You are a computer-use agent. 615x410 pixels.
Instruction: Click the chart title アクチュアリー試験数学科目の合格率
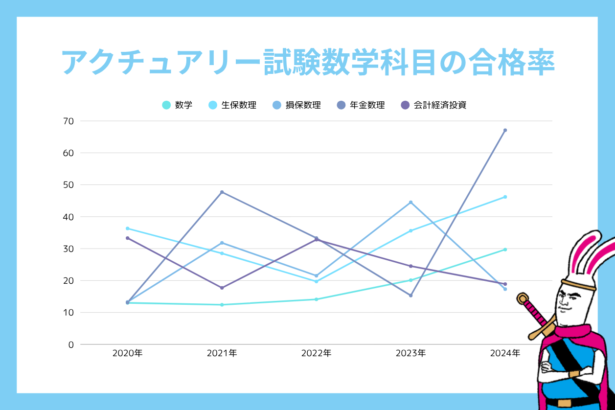click(308, 63)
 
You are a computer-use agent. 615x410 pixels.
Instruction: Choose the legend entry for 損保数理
click(296, 105)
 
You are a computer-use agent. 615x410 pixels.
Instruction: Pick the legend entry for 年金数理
click(361, 105)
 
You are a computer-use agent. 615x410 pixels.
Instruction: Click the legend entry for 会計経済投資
click(433, 105)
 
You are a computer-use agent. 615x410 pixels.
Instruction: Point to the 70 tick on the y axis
click(68, 121)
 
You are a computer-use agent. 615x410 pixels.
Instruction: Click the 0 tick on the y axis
click(71, 344)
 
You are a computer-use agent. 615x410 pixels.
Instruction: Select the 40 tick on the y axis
click(68, 217)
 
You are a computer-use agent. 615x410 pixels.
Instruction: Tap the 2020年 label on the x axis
click(127, 353)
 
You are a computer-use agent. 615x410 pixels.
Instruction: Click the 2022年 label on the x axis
click(316, 353)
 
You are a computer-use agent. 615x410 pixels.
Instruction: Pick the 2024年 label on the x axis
click(505, 353)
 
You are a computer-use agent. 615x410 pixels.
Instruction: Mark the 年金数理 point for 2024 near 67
click(505, 130)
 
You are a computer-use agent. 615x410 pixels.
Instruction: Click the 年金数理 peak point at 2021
click(222, 192)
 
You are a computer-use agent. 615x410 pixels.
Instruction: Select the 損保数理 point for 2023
click(410, 202)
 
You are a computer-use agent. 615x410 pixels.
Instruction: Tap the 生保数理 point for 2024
click(505, 197)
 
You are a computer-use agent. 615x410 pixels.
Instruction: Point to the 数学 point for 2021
click(222, 305)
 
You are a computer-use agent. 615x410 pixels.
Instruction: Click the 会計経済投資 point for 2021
click(222, 288)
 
